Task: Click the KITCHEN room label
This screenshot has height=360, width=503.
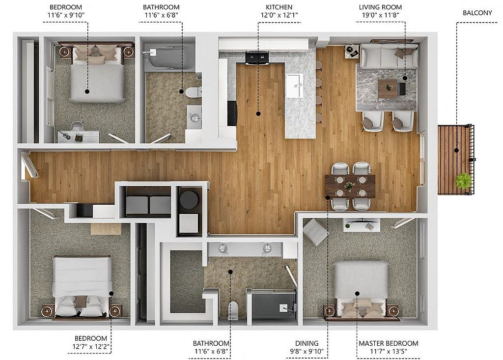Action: [279, 7]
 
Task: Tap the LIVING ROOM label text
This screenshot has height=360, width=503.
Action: [380, 7]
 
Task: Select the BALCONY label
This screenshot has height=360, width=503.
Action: [477, 13]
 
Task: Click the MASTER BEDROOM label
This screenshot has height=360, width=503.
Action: [388, 343]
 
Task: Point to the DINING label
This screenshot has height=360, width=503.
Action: [307, 343]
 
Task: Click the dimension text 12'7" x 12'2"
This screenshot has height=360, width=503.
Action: [91, 347]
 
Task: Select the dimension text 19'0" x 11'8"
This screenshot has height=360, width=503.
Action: [380, 15]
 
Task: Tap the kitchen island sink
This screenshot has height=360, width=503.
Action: [295, 85]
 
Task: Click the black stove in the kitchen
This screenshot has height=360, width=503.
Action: [256, 58]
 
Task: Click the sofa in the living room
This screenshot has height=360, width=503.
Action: [389, 56]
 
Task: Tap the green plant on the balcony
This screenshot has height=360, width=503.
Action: [463, 180]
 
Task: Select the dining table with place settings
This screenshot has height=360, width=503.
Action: [350, 186]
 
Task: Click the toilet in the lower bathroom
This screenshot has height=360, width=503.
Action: [233, 310]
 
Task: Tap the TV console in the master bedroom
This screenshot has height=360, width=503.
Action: [362, 225]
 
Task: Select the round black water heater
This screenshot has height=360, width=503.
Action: [189, 199]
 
